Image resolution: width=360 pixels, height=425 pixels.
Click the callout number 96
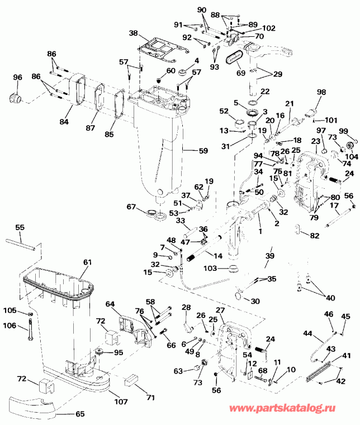click(18, 77)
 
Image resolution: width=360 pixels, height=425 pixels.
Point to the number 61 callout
click(88, 262)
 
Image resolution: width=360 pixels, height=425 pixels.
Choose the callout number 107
click(121, 402)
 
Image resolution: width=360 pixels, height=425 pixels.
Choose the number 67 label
click(131, 207)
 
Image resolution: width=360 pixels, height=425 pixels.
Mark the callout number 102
click(269, 28)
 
